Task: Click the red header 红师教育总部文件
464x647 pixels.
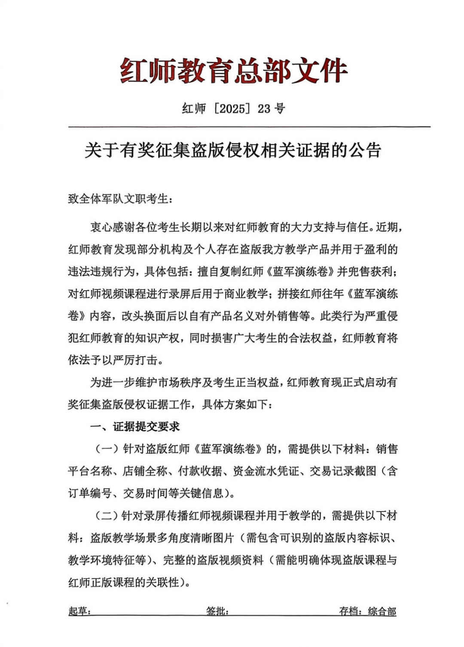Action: (233, 71)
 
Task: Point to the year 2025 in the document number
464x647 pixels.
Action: (232, 108)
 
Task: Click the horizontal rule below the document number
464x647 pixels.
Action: (249, 127)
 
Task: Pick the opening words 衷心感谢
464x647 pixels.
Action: (113, 227)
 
